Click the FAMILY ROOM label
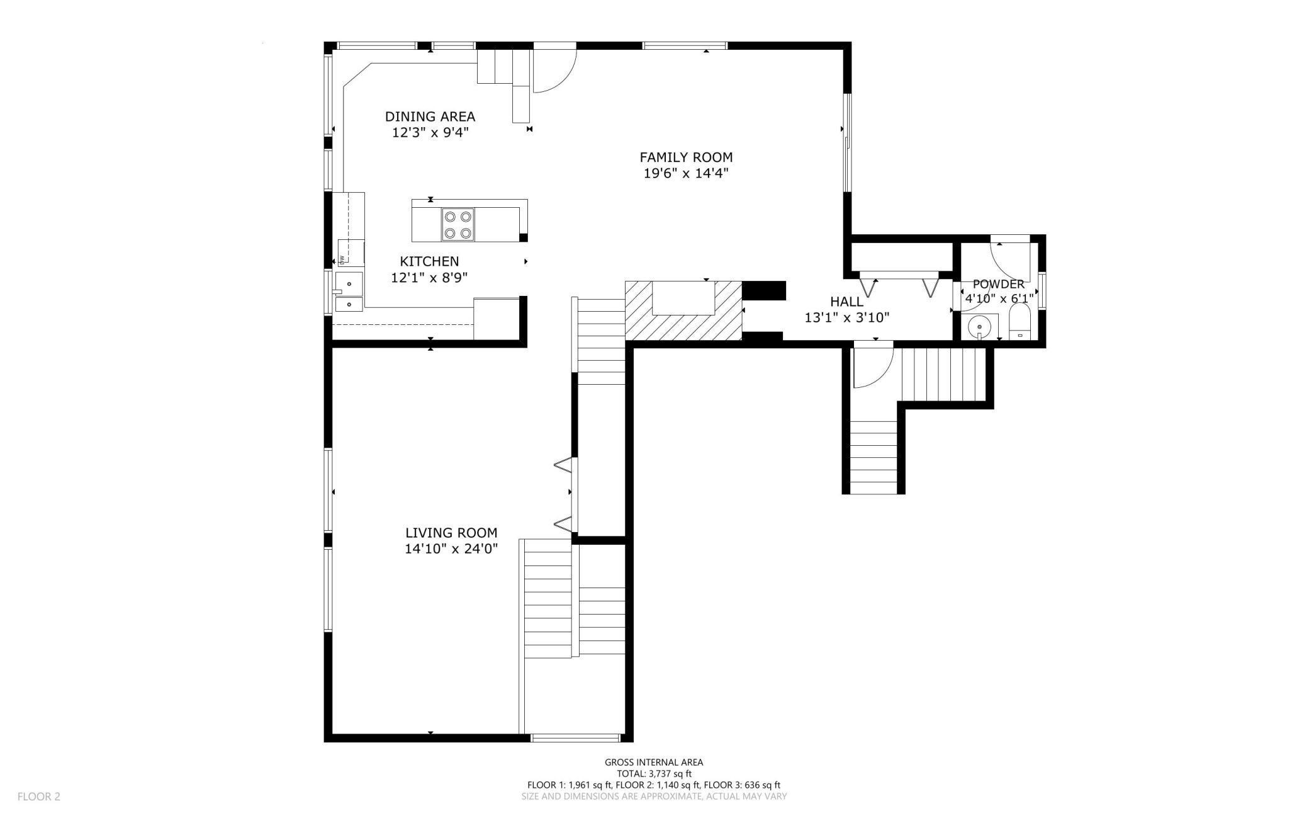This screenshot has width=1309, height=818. (x=686, y=157)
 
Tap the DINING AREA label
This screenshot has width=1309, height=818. (x=430, y=116)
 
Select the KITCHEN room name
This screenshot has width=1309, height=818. (x=429, y=261)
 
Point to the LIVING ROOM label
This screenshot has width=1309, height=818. (x=451, y=533)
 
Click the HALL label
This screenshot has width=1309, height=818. (x=846, y=302)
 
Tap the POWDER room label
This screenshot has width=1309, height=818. (x=999, y=284)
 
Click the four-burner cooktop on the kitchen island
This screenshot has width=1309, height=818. (x=458, y=225)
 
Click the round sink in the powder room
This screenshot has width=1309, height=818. (x=980, y=327)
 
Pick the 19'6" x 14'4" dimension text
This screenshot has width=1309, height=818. (x=686, y=173)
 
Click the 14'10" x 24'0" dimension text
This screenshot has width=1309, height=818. (x=451, y=549)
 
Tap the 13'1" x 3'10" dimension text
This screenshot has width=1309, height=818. (x=846, y=318)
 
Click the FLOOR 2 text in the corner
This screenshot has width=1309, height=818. (x=39, y=797)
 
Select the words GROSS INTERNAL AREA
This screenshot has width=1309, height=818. (x=654, y=763)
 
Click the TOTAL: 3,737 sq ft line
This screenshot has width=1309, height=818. (x=654, y=774)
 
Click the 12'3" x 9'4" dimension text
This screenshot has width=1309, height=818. (x=430, y=133)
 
